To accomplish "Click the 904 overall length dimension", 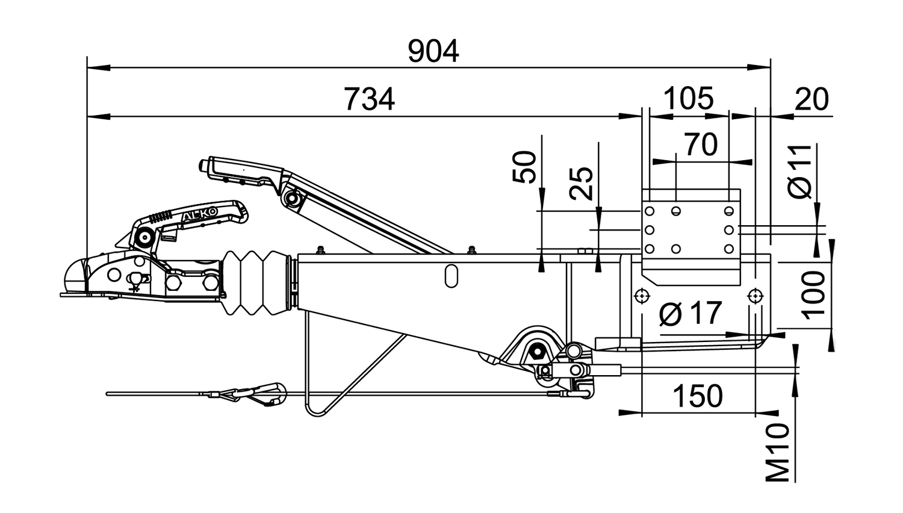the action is point(433,52).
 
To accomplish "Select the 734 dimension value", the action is point(369,99).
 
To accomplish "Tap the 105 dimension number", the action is point(688,98).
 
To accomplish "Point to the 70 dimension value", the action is point(701,145).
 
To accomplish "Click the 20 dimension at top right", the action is point(811,99).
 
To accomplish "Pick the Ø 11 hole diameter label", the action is point(799,171).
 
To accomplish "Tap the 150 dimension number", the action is point(698,396).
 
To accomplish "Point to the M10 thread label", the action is point(777,453).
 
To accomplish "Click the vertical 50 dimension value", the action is point(524,167).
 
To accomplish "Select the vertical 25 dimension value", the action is point(581,184).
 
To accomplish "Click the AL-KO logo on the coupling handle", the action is point(200,216).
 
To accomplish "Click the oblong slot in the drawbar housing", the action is point(451,276).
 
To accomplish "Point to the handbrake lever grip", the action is point(242,172).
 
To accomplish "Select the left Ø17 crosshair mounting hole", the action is point(641,297).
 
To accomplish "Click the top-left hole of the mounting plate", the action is point(650,211).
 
